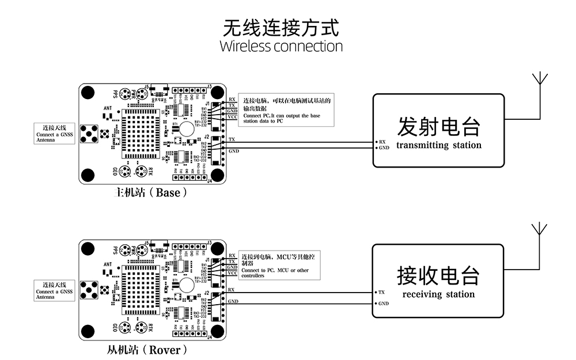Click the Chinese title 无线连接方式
click(281, 26)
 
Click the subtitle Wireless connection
click(281, 46)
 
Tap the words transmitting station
click(438, 145)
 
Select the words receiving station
click(438, 294)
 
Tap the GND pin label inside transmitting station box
click(384, 147)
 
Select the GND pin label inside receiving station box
click(384, 304)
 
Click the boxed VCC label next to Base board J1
click(232, 117)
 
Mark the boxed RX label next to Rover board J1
click(232, 255)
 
